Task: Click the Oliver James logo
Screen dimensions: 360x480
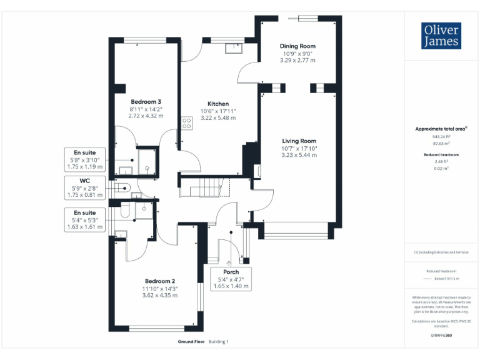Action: click(x=441, y=36)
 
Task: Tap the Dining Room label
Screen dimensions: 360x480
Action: click(x=297, y=46)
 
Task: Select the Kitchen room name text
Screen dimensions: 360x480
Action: click(x=218, y=104)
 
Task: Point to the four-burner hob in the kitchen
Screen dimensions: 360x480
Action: click(x=186, y=123)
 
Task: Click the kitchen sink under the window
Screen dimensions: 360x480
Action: click(x=236, y=47)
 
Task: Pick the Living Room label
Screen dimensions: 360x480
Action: click(x=299, y=141)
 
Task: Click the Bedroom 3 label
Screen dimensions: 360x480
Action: click(x=146, y=102)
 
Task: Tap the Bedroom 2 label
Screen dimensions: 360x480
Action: click(x=159, y=281)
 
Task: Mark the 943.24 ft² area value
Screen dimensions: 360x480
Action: click(x=441, y=136)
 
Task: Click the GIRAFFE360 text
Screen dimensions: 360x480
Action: click(x=441, y=336)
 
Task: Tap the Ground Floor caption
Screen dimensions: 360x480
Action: click(x=191, y=342)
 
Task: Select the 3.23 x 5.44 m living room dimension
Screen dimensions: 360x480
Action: click(x=299, y=155)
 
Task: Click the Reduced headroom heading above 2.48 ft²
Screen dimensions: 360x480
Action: click(x=441, y=154)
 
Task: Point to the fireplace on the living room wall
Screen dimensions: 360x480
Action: click(x=258, y=169)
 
